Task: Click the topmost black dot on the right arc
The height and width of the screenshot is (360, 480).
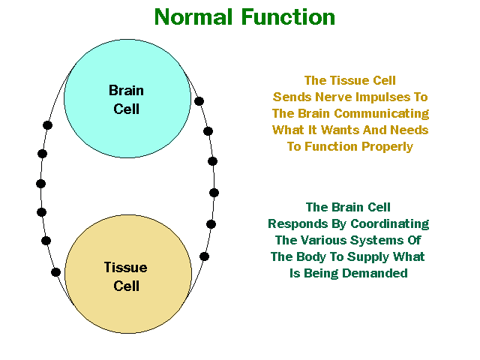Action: pyautogui.click(x=199, y=100)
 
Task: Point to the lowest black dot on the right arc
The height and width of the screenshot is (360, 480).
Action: pyautogui.click(x=204, y=256)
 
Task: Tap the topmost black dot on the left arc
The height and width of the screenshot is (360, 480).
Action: pyautogui.click(x=48, y=124)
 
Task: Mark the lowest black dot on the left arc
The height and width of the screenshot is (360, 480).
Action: pyautogui.click(x=55, y=272)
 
